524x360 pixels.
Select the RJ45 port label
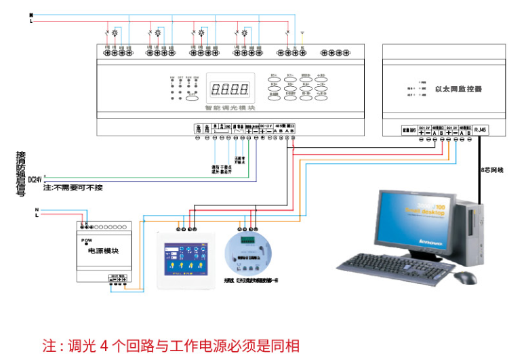point(481,128)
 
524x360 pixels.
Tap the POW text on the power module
point(86,240)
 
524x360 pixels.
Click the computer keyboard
point(400,266)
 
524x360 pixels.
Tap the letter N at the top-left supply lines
point(31,14)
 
